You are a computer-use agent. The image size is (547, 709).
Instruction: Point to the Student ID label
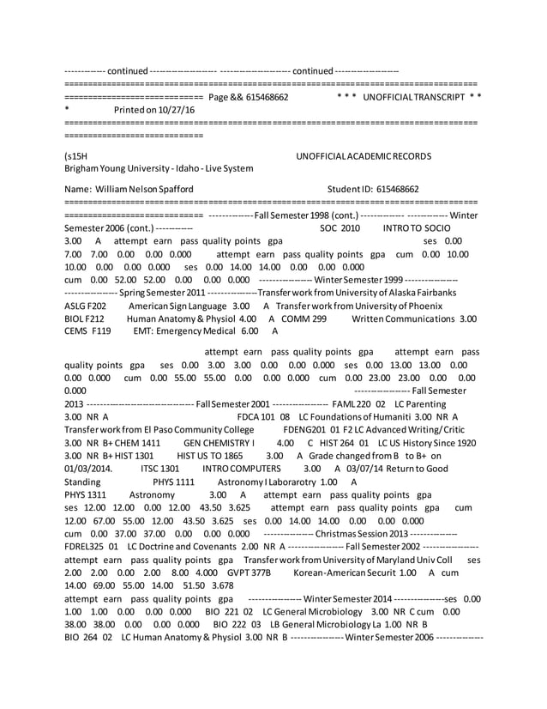(x=352, y=189)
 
